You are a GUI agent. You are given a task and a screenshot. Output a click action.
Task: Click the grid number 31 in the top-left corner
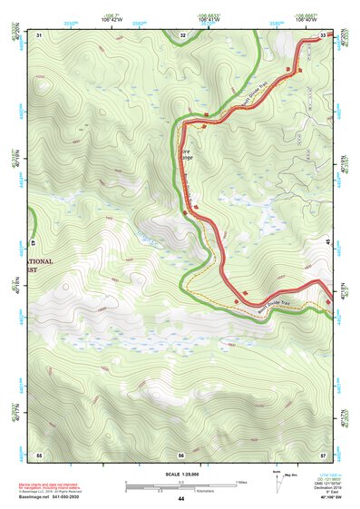point(39,34)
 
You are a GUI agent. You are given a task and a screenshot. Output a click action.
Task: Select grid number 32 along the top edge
point(183,34)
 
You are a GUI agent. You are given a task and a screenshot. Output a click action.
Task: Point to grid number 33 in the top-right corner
point(324,34)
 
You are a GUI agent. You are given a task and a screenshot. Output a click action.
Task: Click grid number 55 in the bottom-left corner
point(39,453)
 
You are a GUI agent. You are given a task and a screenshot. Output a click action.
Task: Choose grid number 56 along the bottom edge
point(181,454)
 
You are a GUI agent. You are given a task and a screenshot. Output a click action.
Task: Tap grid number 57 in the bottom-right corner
point(323,453)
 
